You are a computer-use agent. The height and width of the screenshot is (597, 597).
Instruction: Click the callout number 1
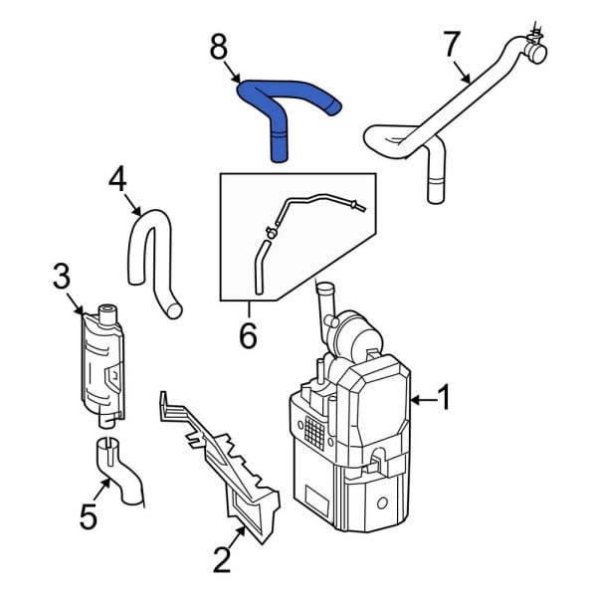(444, 399)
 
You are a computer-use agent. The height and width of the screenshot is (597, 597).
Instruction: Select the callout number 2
(222, 559)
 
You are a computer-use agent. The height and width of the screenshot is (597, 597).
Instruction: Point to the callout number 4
(117, 179)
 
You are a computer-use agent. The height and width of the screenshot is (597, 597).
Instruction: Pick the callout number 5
(88, 515)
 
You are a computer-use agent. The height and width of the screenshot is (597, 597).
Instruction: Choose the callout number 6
(248, 336)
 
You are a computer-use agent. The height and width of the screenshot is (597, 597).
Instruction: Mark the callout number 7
(452, 45)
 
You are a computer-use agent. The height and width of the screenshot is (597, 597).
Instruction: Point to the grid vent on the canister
(314, 431)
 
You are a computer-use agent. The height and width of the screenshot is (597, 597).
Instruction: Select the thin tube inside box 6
(308, 202)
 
